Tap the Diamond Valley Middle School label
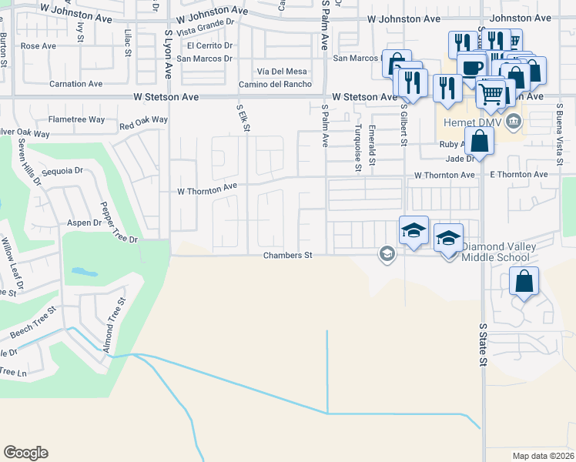(495, 251)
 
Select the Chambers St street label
(286, 255)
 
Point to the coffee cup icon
(471, 67)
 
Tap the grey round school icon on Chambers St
(387, 253)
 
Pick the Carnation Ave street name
(75, 83)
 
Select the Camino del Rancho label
(274, 84)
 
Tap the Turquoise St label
(358, 146)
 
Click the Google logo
(25, 452)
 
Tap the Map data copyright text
(543, 456)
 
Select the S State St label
(483, 344)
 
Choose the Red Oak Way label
(143, 121)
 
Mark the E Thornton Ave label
(518, 175)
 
